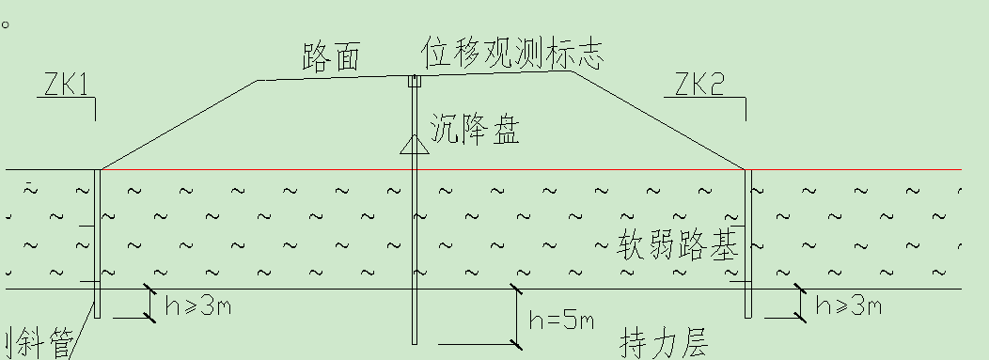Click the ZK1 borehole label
point(66,86)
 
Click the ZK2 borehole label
point(699,86)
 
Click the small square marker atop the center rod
point(412,82)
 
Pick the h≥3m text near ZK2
point(848,305)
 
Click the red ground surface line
point(564,170)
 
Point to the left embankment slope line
point(179,125)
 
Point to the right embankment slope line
point(658,125)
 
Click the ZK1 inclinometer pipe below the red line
point(97,244)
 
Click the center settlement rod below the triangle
point(414,254)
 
